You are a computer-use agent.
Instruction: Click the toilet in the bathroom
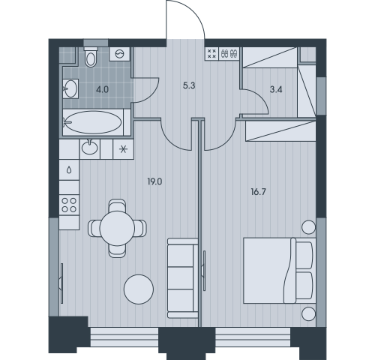click(90, 57)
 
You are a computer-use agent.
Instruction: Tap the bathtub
click(93, 122)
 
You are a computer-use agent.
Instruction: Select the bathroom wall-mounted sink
click(70, 88)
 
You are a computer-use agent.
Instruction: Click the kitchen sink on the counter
click(89, 147)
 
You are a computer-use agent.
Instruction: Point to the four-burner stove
click(69, 205)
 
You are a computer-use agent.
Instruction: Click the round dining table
click(117, 228)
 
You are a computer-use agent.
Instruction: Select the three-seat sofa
click(183, 278)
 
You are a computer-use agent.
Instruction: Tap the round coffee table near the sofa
click(139, 289)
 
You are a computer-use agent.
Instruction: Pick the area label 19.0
click(154, 181)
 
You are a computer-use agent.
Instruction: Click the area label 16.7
click(258, 192)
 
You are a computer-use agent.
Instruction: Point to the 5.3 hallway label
click(189, 85)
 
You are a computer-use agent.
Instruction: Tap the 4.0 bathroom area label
click(103, 89)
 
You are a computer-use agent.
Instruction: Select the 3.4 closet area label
click(276, 89)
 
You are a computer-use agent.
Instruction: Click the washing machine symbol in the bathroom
click(120, 53)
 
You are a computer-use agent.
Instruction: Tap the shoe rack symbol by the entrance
click(229, 54)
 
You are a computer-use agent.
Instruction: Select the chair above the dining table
click(117, 205)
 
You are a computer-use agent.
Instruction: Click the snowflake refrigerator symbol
click(123, 149)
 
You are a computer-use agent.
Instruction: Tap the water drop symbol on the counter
click(69, 170)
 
